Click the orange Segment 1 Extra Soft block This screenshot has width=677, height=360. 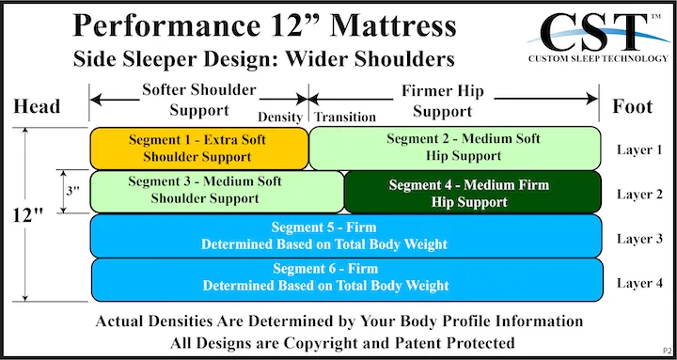198,148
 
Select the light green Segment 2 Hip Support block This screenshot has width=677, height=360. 456,148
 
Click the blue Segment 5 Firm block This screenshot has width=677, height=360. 345,235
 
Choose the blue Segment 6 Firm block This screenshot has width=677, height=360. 345,277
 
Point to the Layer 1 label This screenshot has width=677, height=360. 639,149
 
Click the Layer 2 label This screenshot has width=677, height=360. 639,195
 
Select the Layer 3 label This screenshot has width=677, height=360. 639,238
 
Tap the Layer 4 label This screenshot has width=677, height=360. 639,282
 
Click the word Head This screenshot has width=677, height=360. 38,106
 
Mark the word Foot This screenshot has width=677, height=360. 632,106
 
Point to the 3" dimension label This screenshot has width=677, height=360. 71,191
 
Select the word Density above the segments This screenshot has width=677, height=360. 281,117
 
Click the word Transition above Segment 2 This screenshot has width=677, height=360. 345,117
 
